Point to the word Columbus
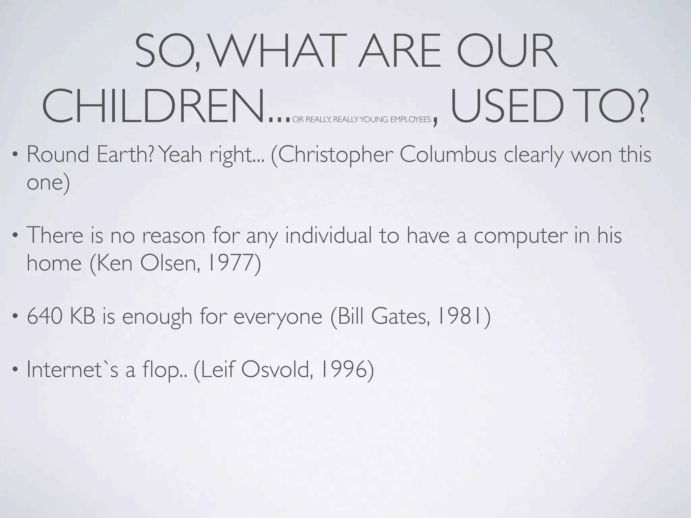pos(448,154)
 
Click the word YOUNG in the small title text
pos(374,120)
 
